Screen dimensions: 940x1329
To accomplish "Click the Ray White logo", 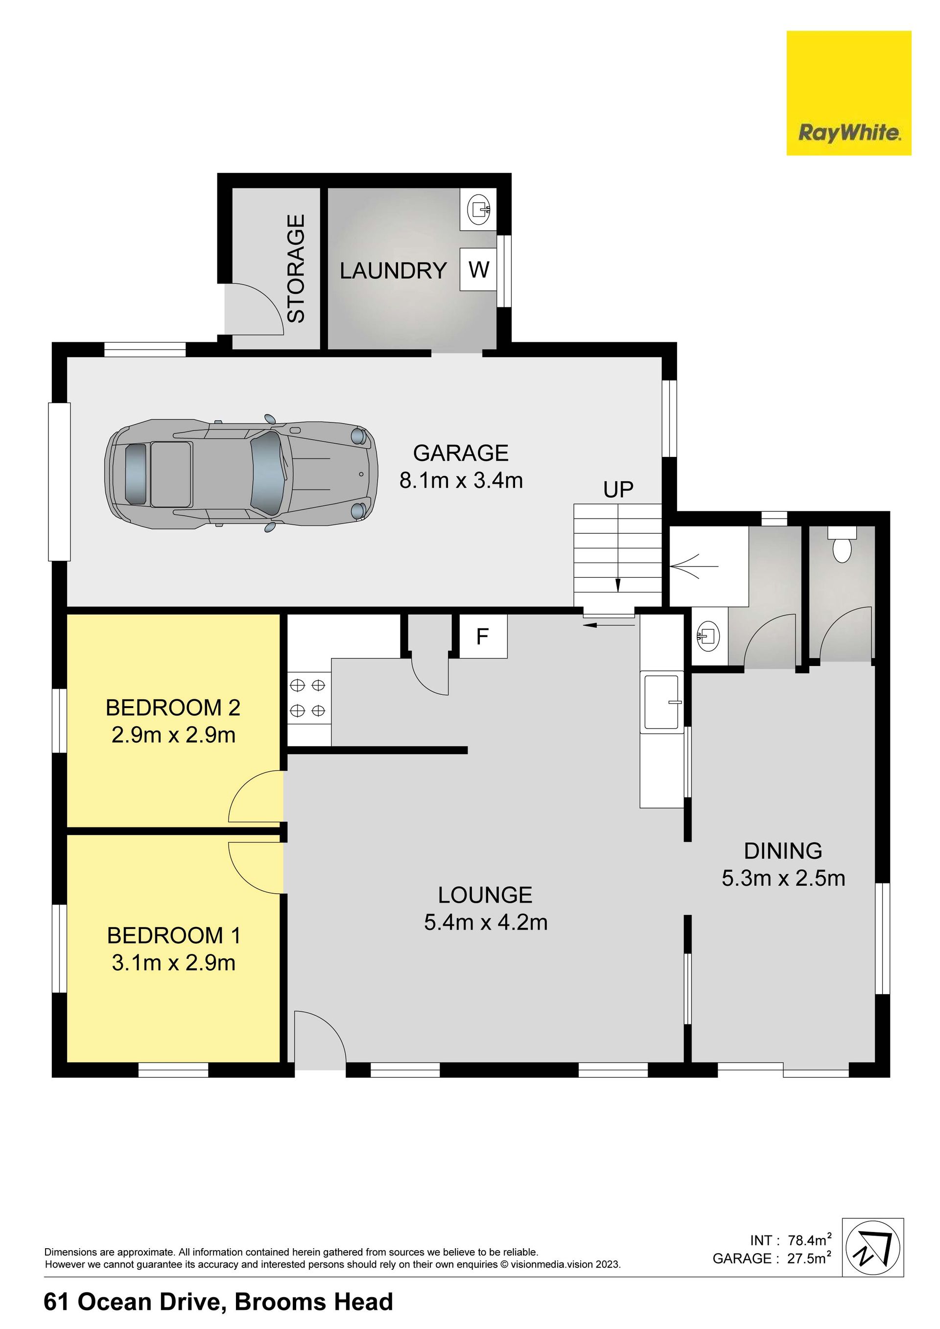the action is [x=848, y=93].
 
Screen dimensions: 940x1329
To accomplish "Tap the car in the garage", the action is [x=241, y=473].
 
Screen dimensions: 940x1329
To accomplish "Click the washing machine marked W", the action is [x=479, y=269].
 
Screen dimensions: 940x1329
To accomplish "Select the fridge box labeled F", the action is [x=483, y=637].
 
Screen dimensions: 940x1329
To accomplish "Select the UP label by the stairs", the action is [x=618, y=490].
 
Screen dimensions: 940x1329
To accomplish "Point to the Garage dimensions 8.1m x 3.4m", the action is [x=461, y=480].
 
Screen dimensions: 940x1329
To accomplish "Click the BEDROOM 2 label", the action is [x=173, y=707].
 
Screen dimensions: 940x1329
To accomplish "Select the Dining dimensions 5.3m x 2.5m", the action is [x=783, y=878].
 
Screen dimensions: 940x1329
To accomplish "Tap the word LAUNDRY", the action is [x=393, y=271].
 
